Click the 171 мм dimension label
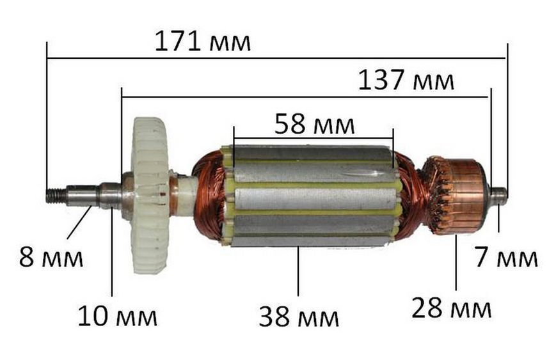[x=202, y=42]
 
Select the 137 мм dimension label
[x=406, y=80]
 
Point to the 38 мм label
[x=299, y=317]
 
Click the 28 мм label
[x=452, y=308]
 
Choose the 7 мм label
[x=506, y=257]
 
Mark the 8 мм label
[x=51, y=257]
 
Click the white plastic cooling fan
[x=151, y=195]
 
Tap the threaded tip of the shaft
[x=56, y=195]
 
